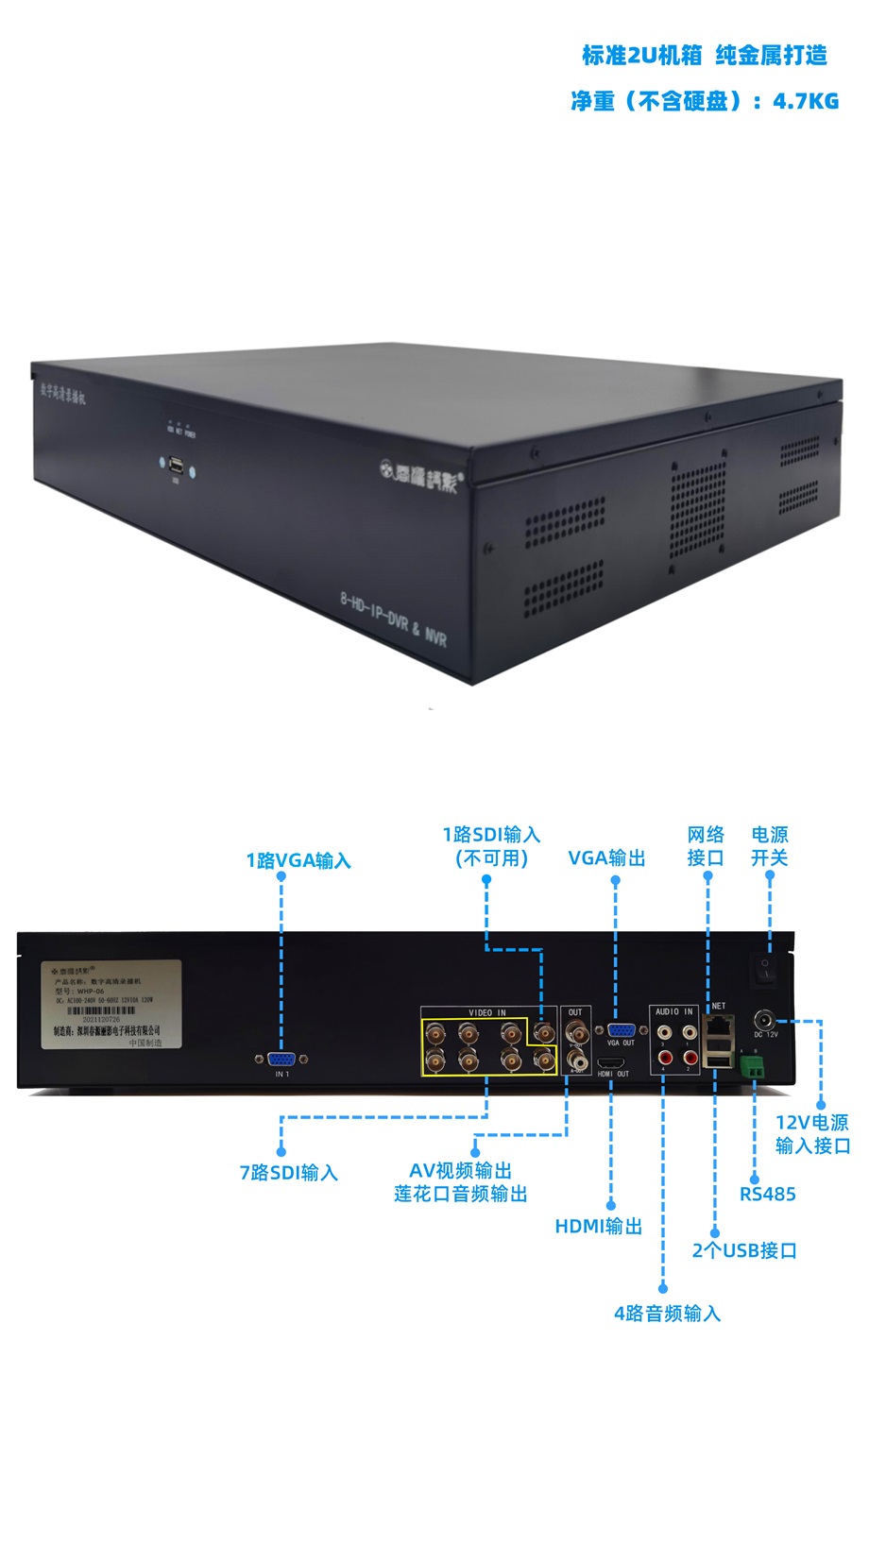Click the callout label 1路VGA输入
[298, 860]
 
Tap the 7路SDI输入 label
[288, 1173]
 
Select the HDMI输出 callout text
[598, 1226]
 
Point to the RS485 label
[767, 1194]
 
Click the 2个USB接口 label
[744, 1250]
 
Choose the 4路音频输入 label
[667, 1314]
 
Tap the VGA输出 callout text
[606, 858]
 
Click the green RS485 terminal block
[753, 1067]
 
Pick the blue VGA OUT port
[621, 1030]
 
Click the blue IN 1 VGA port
[281, 1060]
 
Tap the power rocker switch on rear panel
[765, 966]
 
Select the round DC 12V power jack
[764, 1020]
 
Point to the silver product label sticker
[111, 1004]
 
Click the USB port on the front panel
[176, 466]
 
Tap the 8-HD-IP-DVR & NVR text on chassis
[393, 618]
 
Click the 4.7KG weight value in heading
[806, 101]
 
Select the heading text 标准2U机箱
[641, 56]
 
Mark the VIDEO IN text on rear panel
[486, 1012]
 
